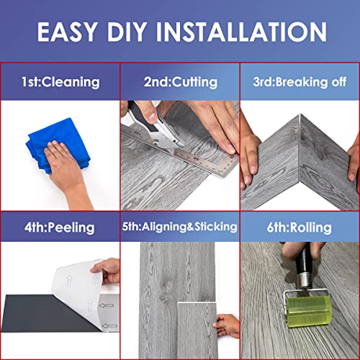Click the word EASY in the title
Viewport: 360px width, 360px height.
(68, 32)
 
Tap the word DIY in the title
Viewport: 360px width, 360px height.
(127, 32)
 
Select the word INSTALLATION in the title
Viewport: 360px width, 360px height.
(241, 32)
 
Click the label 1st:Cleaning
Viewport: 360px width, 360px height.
(60, 82)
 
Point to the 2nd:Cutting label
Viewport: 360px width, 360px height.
(181, 82)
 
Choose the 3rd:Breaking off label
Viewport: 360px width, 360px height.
(300, 82)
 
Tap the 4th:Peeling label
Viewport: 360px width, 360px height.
(60, 228)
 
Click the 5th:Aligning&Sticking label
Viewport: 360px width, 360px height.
(180, 227)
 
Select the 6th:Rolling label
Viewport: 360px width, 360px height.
(300, 228)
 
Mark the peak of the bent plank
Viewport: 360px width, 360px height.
(300, 114)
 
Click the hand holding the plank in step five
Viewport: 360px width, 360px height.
(227, 326)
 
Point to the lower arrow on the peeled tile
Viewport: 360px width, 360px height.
(109, 326)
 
